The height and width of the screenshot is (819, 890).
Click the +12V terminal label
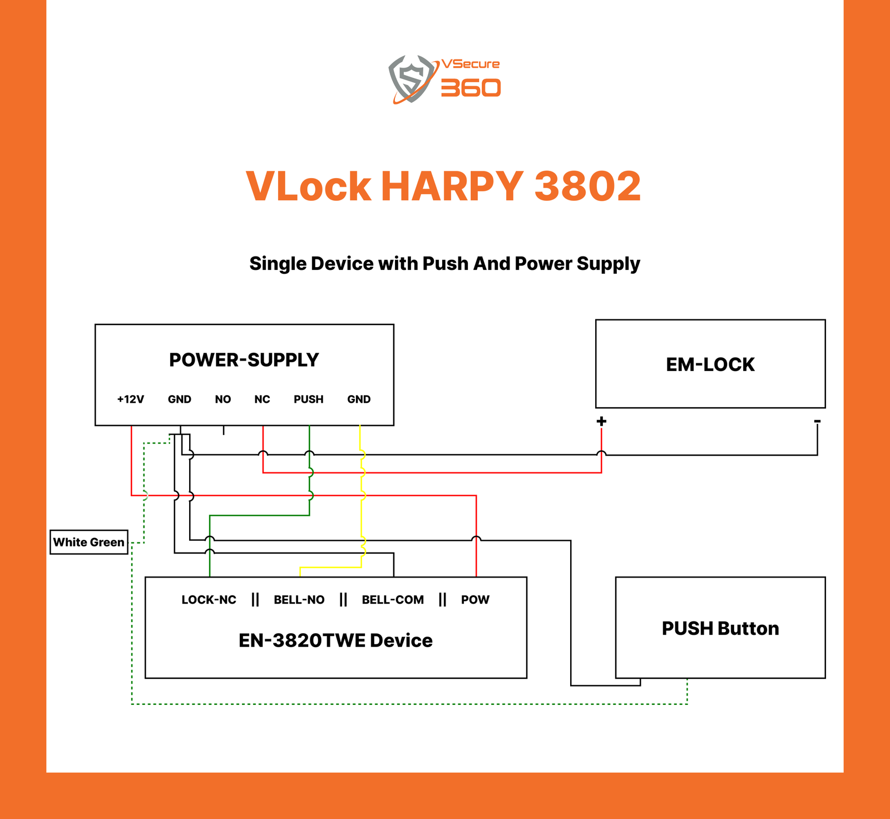point(131,399)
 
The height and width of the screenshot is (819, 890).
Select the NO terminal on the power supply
point(223,399)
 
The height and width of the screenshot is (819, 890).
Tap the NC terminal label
point(262,399)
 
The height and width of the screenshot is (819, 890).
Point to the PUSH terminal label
point(309,399)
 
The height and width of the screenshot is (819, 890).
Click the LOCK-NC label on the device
point(209,600)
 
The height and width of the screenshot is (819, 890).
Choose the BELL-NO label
point(299,600)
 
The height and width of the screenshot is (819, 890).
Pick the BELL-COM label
point(393,600)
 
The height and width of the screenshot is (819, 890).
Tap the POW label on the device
point(475,600)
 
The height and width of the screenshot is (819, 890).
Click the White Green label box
point(89,542)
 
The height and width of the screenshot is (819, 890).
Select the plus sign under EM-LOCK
point(601,421)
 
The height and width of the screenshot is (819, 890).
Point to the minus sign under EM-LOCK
point(817,421)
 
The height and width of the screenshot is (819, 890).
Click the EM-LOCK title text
point(710,364)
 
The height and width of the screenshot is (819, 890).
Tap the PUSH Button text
point(720,628)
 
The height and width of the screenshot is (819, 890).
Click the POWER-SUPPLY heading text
point(244,360)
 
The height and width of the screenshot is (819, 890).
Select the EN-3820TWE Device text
point(335,640)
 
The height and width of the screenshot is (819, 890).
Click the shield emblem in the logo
point(411,78)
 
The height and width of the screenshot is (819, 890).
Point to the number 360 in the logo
point(471,88)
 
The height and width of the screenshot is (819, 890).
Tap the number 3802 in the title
point(587,186)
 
